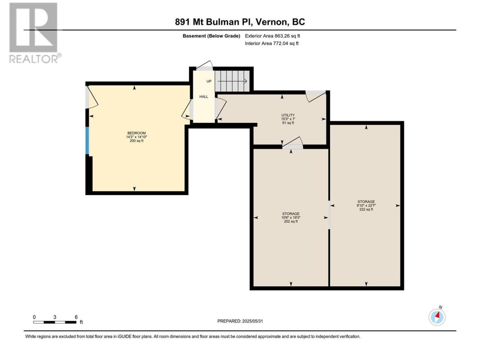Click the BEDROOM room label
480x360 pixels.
pyautogui.click(x=136, y=133)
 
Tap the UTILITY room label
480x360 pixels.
pyautogui.click(x=288, y=115)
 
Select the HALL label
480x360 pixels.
pyautogui.click(x=204, y=97)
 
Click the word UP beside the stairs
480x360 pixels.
pyautogui.click(x=209, y=81)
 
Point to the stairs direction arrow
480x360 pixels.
pyautogui.click(x=232, y=81)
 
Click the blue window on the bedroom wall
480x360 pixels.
pyautogui.click(x=87, y=141)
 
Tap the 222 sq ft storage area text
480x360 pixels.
pyautogui.click(x=366, y=209)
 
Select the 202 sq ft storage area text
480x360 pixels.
pyautogui.click(x=291, y=221)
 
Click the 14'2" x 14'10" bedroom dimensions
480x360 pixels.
pyautogui.click(x=136, y=137)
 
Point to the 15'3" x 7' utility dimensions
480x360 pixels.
pyautogui.click(x=288, y=119)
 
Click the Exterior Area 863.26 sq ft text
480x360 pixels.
pyautogui.click(x=273, y=36)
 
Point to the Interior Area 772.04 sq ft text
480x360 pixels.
pyautogui.click(x=271, y=43)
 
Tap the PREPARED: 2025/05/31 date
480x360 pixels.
pyautogui.click(x=240, y=321)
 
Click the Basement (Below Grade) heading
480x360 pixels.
pyautogui.click(x=211, y=36)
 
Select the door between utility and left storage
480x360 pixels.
pyautogui.click(x=292, y=143)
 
